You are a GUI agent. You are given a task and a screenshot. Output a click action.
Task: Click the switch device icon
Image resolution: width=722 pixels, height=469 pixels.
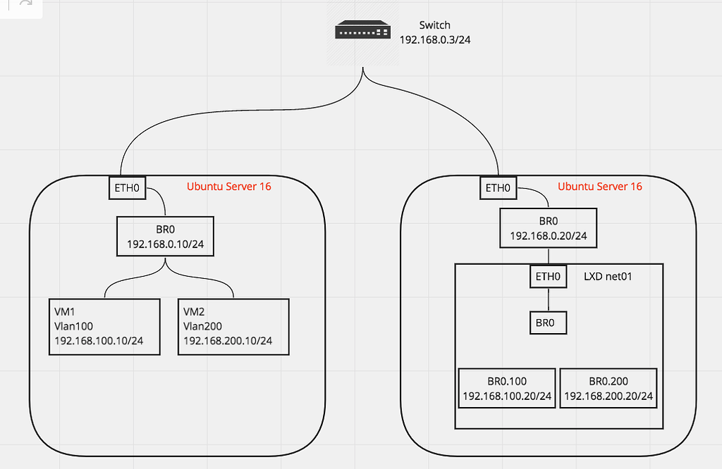click(362, 31)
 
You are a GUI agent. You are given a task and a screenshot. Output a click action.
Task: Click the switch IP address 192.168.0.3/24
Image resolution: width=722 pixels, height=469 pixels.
click(435, 40)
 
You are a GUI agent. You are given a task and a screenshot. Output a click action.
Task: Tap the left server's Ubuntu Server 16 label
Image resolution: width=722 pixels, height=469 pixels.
click(228, 187)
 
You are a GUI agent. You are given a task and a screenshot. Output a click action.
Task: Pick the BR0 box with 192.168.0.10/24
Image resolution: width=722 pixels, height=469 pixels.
click(165, 236)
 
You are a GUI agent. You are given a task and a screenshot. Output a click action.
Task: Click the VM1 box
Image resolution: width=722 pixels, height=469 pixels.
click(105, 327)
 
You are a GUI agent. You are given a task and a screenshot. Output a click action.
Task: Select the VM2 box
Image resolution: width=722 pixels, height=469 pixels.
click(233, 327)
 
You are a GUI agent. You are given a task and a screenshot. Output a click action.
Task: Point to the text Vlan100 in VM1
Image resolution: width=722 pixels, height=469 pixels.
click(74, 326)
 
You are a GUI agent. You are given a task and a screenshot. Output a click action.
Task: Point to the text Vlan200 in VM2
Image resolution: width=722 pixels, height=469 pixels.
click(202, 326)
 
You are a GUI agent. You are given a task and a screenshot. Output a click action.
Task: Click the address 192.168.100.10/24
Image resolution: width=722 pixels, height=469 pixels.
click(99, 341)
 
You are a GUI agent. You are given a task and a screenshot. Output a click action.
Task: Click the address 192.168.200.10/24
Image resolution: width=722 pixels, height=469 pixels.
click(228, 341)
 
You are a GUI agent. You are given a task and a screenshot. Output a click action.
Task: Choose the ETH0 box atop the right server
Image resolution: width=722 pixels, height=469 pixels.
click(498, 188)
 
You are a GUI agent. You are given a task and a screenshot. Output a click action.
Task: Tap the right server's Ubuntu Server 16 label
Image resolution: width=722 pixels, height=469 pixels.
click(600, 187)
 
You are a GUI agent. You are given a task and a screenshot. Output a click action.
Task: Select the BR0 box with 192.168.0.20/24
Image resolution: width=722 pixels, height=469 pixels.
click(549, 228)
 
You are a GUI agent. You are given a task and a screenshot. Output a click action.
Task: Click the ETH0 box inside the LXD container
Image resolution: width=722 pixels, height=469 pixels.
click(549, 276)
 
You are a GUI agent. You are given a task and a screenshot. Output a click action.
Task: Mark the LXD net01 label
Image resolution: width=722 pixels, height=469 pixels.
click(608, 277)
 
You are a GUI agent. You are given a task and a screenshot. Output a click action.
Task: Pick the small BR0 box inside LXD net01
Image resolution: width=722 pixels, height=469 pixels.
click(549, 323)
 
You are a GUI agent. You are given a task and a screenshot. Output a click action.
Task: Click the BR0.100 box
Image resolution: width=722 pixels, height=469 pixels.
click(506, 388)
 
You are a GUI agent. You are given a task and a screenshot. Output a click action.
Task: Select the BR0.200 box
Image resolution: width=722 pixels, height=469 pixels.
click(608, 388)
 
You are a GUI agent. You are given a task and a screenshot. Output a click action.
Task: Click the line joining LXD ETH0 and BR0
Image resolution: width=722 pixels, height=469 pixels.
click(549, 299)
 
